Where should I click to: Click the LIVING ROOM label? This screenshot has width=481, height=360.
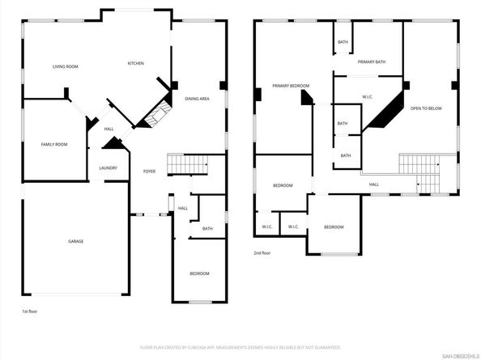64,66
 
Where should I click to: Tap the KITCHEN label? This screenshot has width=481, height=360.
135,63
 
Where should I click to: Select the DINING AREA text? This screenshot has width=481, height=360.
198,98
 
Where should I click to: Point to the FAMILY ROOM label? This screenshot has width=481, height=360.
54,144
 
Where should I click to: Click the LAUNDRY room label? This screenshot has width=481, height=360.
109,168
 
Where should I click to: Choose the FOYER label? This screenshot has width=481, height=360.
149,172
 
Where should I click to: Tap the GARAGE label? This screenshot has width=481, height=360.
75,241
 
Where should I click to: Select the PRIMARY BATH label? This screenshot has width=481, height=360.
372,61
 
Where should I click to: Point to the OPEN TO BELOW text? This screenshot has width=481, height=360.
427,108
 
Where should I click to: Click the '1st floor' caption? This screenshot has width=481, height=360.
29,311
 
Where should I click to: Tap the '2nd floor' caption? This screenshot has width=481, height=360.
262,252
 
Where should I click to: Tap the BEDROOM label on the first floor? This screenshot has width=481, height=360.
199,273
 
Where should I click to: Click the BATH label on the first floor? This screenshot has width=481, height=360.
207,229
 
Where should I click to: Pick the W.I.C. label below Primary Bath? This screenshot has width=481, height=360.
367,97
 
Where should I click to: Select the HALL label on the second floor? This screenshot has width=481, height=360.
374,184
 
